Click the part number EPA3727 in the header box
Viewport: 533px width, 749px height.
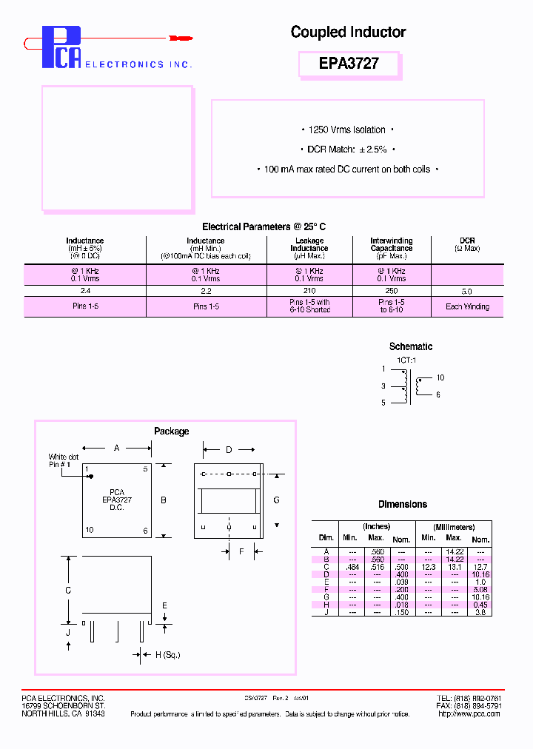pos(349,64)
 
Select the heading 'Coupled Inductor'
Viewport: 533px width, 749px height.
pos(348,32)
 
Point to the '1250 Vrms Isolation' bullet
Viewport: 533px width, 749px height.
pos(346,130)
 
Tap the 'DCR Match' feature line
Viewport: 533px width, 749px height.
pos(347,150)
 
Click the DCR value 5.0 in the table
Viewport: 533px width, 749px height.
pos(466,292)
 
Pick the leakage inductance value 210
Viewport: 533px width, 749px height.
pos(309,292)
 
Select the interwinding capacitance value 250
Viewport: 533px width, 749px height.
pos(392,292)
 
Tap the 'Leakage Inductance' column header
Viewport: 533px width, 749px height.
pos(309,249)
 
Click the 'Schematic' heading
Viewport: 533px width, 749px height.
pos(411,346)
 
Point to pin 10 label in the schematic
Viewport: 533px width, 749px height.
pos(440,378)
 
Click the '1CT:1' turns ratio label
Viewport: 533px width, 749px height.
pos(406,360)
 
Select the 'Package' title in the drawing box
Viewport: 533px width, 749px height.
pos(171,431)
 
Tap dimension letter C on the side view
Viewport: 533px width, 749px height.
pos(68,591)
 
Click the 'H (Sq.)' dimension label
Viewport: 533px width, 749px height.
pos(167,654)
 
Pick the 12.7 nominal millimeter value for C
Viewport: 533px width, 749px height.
pos(480,566)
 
